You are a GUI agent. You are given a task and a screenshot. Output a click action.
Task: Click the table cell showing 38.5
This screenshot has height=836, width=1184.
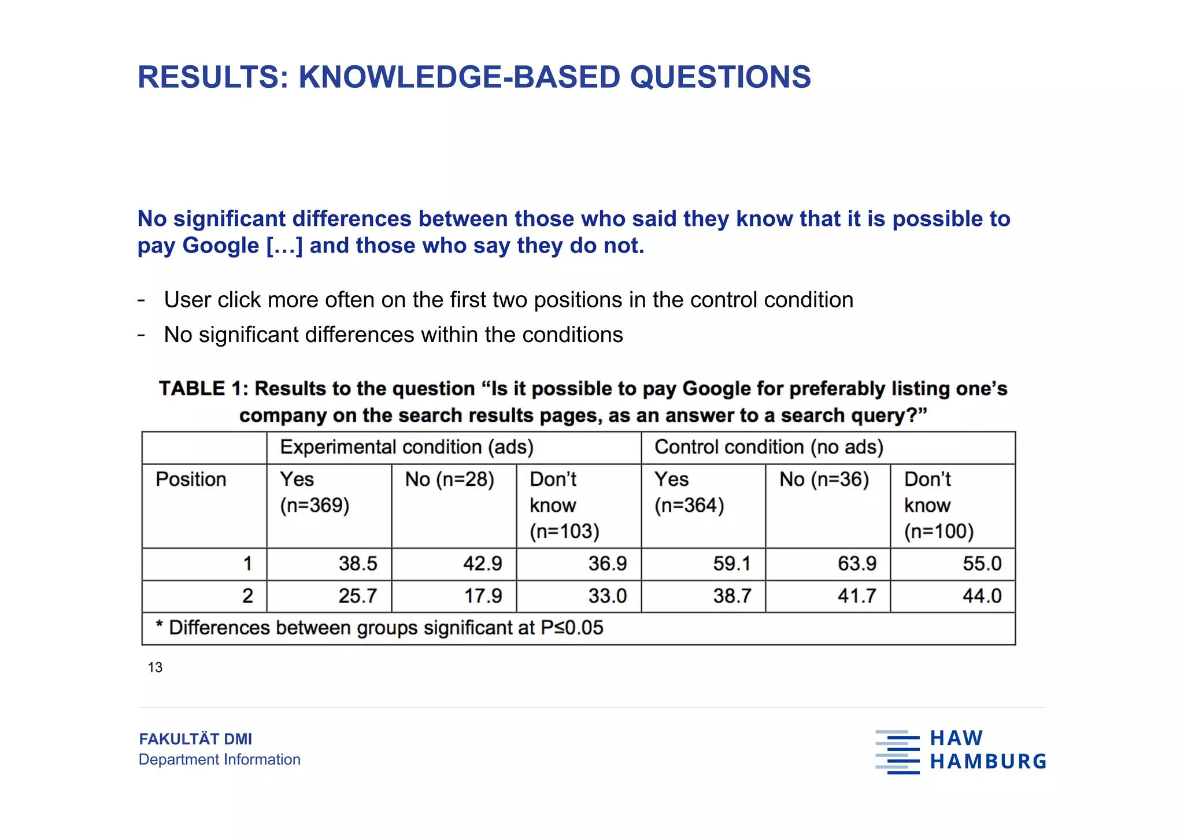(x=357, y=563)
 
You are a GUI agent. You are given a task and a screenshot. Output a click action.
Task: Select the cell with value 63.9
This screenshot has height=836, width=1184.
(x=857, y=563)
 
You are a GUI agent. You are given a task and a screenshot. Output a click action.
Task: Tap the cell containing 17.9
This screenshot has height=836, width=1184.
(x=483, y=596)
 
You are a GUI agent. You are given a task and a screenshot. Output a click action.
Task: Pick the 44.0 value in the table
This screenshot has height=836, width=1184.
(x=982, y=596)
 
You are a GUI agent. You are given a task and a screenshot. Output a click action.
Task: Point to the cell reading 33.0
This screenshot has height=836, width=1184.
(x=607, y=596)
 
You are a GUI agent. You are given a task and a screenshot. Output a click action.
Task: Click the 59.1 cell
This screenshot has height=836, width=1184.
(x=732, y=563)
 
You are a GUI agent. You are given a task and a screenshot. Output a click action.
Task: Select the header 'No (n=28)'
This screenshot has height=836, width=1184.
(x=449, y=480)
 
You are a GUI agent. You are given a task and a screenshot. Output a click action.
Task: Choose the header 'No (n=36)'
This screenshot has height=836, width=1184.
(x=824, y=480)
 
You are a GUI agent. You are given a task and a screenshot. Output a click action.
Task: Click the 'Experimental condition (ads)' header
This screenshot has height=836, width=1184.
(x=406, y=447)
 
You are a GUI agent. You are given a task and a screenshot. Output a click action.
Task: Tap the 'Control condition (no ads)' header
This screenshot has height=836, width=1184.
(x=769, y=447)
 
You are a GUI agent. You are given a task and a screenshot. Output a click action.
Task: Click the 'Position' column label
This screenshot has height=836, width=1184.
(x=191, y=480)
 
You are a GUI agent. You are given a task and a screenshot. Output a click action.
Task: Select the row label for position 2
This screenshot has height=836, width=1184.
(x=247, y=596)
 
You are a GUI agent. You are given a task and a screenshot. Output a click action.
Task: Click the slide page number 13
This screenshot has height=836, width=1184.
(x=155, y=668)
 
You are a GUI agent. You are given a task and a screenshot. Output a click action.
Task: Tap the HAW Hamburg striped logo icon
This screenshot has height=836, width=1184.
(x=897, y=752)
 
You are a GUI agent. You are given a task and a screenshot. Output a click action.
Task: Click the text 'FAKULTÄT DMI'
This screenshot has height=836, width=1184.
(x=195, y=739)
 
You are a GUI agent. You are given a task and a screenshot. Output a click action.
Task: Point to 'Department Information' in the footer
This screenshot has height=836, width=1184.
(x=219, y=759)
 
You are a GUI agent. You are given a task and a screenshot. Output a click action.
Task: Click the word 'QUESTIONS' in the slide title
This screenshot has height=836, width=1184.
(x=720, y=77)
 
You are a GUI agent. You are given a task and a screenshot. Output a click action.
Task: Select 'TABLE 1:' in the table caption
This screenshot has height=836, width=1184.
(x=203, y=389)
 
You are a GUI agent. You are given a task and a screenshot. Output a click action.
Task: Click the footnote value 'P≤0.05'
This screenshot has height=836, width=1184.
(x=572, y=628)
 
